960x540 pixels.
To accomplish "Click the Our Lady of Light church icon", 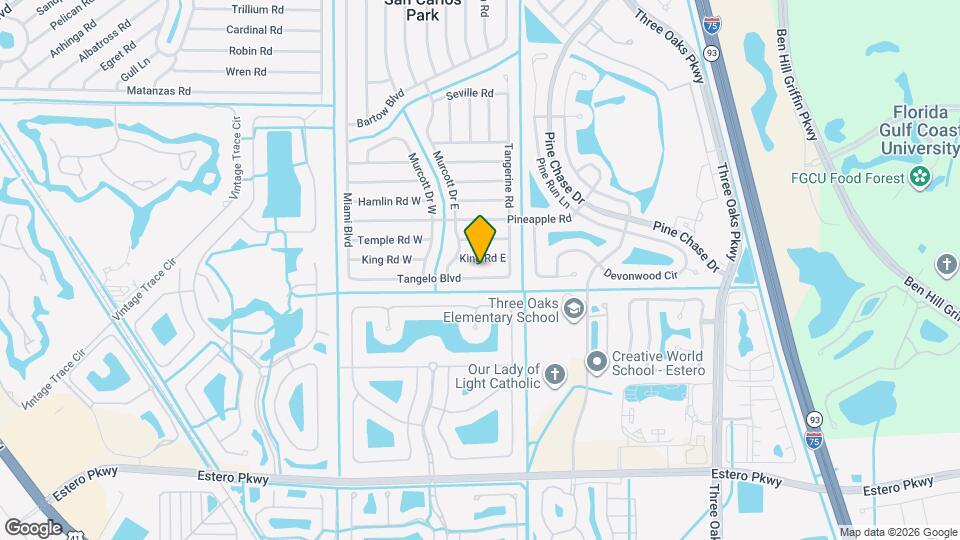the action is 555,376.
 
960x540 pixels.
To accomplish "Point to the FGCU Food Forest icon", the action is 919,178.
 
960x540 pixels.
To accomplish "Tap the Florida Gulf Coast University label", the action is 919,130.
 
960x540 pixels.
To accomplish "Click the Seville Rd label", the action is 471,93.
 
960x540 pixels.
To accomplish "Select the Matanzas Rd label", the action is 159,90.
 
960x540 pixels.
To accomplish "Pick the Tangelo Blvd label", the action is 429,279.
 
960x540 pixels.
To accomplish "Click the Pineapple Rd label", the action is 539,218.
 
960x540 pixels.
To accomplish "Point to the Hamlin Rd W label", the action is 389,201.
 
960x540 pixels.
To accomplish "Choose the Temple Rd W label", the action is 390,240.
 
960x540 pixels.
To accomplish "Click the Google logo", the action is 33,527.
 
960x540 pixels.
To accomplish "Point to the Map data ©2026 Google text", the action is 898,532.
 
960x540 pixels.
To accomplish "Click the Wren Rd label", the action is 246,71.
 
